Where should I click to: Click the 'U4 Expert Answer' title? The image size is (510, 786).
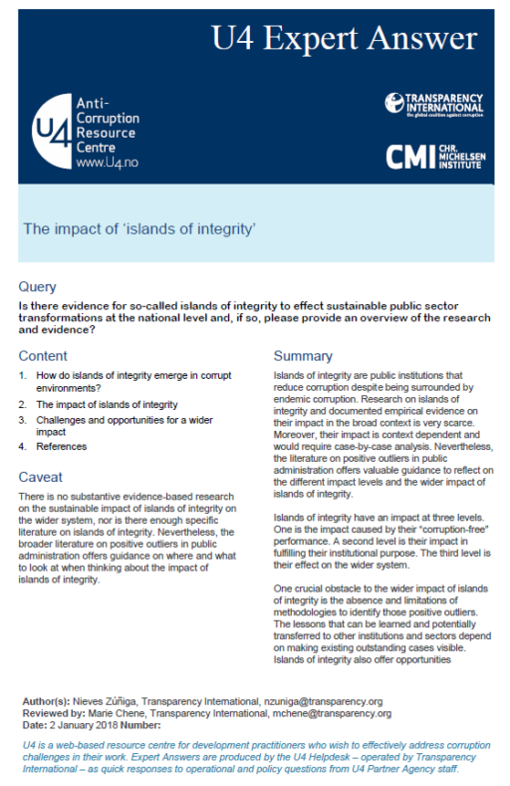pyautogui.click(x=344, y=40)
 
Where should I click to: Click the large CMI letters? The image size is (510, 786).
pyautogui.click(x=409, y=155)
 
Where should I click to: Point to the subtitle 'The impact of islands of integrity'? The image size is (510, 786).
pyautogui.click(x=140, y=229)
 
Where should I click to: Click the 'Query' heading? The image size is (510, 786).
pyautogui.click(x=38, y=286)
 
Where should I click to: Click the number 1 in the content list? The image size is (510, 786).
pyautogui.click(x=23, y=375)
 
